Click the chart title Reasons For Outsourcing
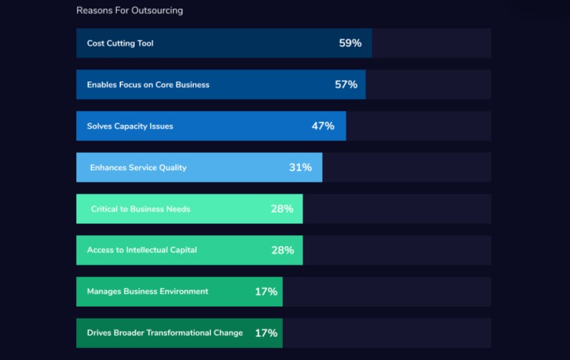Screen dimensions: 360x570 [130, 11]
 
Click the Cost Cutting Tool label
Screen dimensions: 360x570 [120, 43]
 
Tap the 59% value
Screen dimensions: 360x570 [350, 43]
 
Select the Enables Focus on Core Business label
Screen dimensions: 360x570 [148, 85]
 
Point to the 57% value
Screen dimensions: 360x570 [346, 85]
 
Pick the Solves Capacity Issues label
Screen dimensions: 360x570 [130, 126]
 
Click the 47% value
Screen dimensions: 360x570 [323, 126]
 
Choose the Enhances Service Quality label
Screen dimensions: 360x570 [138, 168]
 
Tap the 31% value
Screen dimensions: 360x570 [300, 168]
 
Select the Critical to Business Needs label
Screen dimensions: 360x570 [140, 209]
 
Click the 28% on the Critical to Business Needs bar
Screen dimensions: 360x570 [282, 209]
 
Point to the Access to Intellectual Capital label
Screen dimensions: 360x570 [142, 250]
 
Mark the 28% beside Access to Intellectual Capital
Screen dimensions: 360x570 [282, 250]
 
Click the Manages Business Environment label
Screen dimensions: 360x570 [147, 292]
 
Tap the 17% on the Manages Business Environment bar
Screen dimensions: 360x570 [266, 292]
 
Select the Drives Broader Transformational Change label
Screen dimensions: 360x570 [165, 333]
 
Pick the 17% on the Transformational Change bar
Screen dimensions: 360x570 [266, 333]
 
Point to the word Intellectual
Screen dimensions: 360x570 [149, 250]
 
